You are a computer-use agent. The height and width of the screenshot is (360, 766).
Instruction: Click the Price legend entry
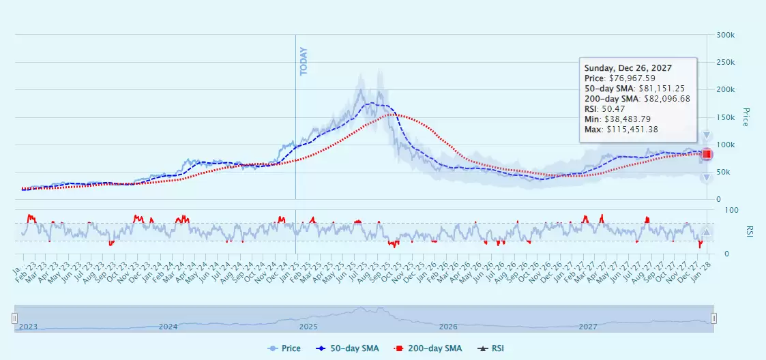click(x=284, y=348)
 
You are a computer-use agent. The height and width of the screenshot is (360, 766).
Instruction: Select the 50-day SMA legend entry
click(x=349, y=348)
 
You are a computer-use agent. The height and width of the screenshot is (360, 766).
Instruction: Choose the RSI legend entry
click(x=490, y=348)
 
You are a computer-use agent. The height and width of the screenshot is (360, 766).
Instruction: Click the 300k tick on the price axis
click(x=724, y=35)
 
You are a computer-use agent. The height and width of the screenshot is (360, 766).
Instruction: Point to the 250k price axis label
click(x=724, y=62)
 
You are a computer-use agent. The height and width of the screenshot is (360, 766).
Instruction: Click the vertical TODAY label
click(x=304, y=61)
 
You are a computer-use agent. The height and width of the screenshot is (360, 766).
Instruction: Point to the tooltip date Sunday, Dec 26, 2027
click(x=628, y=68)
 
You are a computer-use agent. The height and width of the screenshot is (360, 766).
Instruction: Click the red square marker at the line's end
click(x=707, y=154)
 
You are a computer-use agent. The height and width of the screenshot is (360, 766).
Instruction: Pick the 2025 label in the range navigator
click(x=308, y=327)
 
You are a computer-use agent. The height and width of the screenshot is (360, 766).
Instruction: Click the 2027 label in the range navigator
click(x=588, y=327)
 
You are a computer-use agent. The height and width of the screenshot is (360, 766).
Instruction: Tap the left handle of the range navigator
click(x=14, y=318)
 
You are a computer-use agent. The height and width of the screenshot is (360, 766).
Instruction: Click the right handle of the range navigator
click(x=713, y=318)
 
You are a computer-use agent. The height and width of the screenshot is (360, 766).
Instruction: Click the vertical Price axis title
click(x=745, y=117)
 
